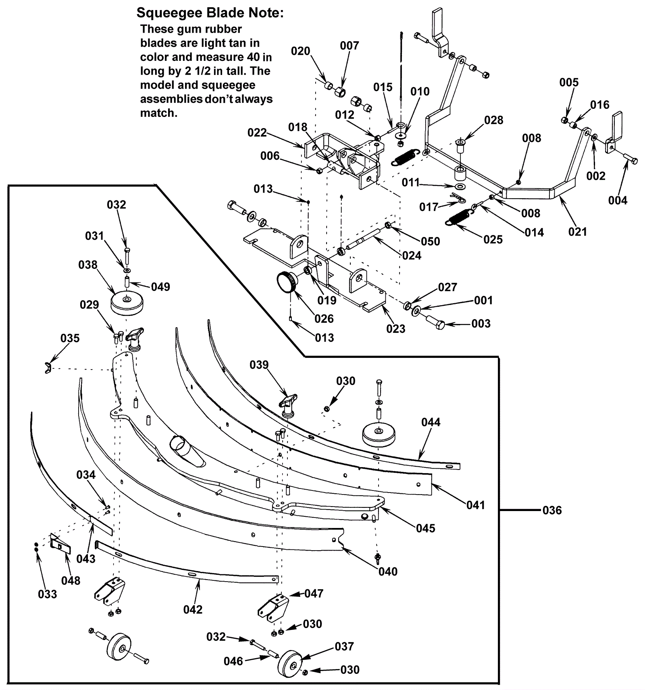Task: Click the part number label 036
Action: coord(552,510)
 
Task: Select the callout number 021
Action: coord(577,232)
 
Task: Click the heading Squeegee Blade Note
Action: coord(210,13)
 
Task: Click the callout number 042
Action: coord(193,609)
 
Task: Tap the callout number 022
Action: coord(257,133)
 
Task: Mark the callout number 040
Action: coord(388,572)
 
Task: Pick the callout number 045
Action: coord(426,528)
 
